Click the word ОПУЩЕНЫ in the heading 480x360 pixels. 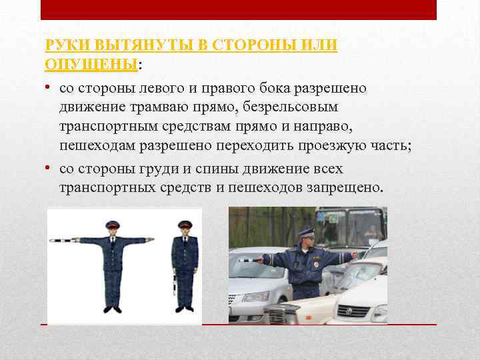click(x=90, y=64)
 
